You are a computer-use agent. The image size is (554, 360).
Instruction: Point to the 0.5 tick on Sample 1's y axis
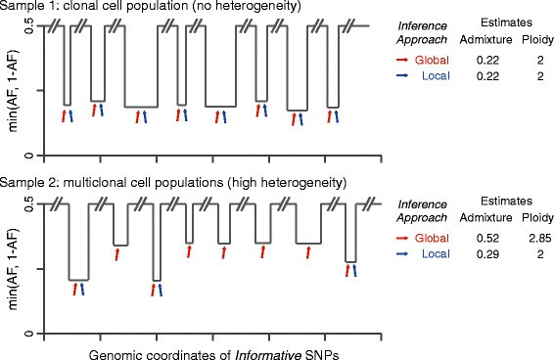click(x=30, y=26)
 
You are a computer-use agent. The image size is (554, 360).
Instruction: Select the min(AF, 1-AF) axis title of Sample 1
click(x=12, y=91)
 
